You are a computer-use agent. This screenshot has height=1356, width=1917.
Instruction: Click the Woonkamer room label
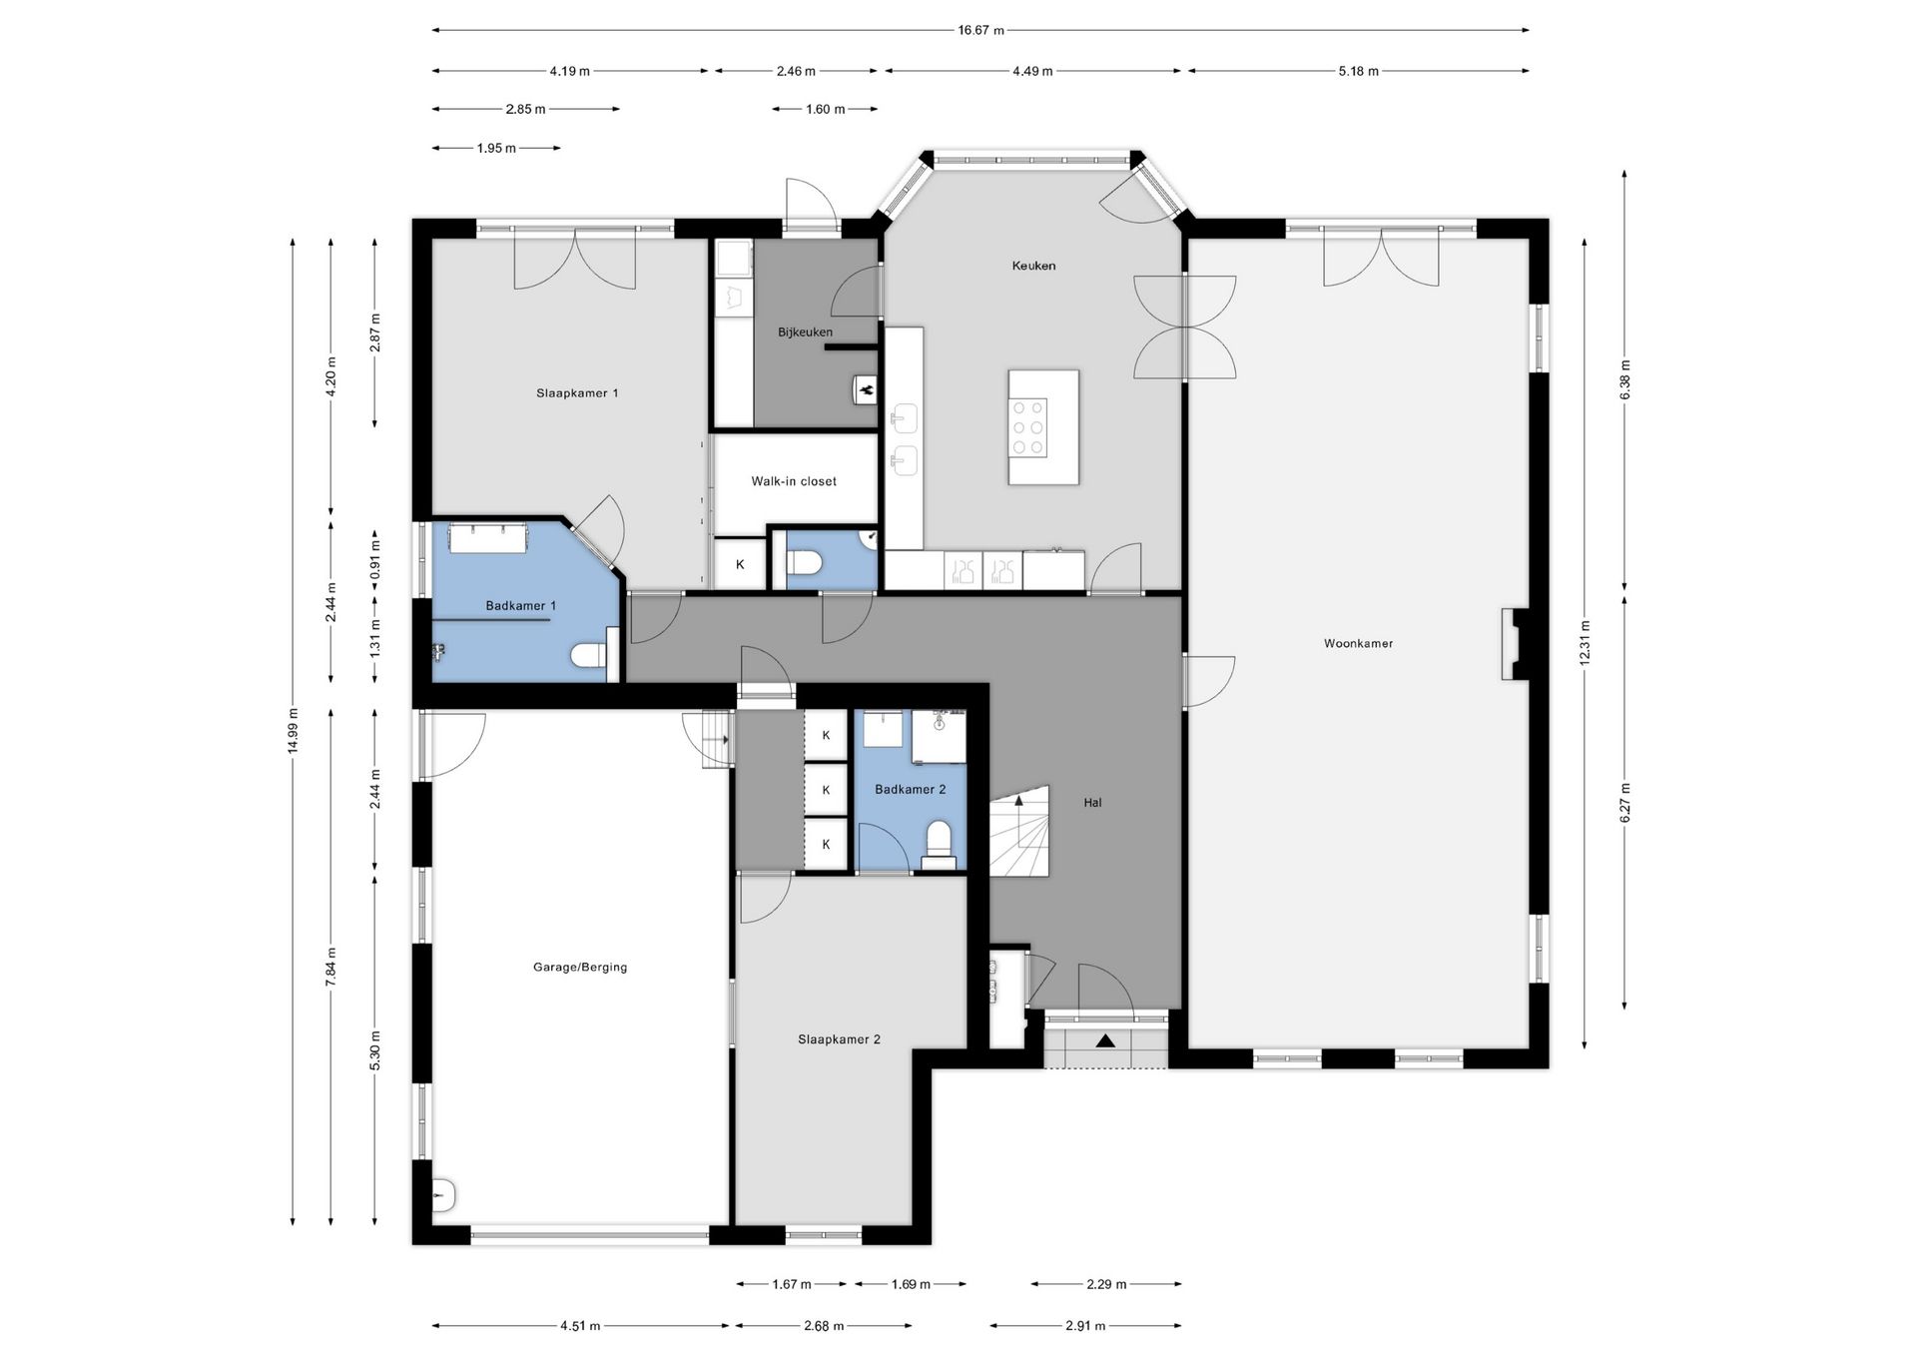[1358, 644]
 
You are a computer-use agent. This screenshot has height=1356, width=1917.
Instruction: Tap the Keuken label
[1033, 266]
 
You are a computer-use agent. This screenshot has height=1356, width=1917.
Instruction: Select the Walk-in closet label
[794, 481]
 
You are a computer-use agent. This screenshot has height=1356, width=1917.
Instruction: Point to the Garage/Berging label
[580, 968]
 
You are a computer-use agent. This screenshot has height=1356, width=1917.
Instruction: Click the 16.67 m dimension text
[980, 30]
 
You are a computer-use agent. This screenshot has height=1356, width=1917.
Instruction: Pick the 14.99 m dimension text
[293, 732]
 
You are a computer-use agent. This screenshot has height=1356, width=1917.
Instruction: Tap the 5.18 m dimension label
[1358, 71]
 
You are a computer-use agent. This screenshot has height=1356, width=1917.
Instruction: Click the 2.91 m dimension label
[1085, 1326]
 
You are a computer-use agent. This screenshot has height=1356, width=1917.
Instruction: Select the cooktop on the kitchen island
[1027, 426]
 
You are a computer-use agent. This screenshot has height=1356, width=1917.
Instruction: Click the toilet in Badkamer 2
[938, 845]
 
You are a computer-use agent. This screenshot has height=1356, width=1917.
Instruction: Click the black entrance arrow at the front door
[1105, 1040]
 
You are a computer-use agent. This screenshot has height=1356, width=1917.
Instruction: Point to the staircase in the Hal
[1019, 831]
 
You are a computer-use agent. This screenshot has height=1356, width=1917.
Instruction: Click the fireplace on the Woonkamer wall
[1512, 644]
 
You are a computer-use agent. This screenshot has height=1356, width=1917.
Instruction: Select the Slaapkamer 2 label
[839, 1039]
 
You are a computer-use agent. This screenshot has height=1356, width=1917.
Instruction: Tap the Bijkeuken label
[805, 333]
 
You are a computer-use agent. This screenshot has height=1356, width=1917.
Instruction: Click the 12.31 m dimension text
[1585, 643]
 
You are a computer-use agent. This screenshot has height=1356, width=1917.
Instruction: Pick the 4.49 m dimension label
[1032, 71]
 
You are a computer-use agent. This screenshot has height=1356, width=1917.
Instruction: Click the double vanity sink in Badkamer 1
[488, 537]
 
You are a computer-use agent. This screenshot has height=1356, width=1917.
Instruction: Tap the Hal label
[1092, 803]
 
